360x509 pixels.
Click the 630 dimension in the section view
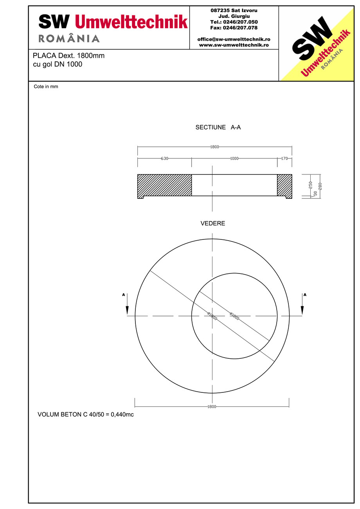click(x=164, y=158)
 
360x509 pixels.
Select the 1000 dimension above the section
click(x=234, y=158)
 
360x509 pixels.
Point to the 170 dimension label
click(x=284, y=158)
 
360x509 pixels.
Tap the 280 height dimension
click(x=320, y=186)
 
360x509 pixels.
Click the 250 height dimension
click(x=310, y=184)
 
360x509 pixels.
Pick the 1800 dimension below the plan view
click(x=212, y=406)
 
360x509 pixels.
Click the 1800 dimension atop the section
click(x=214, y=147)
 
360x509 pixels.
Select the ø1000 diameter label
click(x=234, y=316)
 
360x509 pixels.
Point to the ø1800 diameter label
click(x=212, y=316)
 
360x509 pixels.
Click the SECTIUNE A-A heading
click(x=218, y=128)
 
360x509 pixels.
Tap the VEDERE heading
click(x=212, y=224)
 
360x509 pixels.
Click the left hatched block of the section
click(x=164, y=185)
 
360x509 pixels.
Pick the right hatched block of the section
click(x=284, y=185)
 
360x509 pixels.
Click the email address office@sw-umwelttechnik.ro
click(x=234, y=40)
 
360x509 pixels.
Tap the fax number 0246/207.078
click(x=234, y=28)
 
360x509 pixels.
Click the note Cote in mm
click(x=46, y=87)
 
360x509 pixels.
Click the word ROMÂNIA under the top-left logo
click(x=69, y=38)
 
